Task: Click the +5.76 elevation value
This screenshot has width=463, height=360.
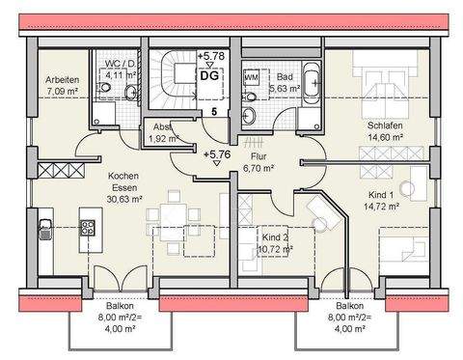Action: pos(217,152)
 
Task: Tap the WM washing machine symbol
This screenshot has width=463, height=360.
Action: pos(250,74)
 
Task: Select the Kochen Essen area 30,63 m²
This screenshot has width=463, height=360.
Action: pos(124,200)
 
